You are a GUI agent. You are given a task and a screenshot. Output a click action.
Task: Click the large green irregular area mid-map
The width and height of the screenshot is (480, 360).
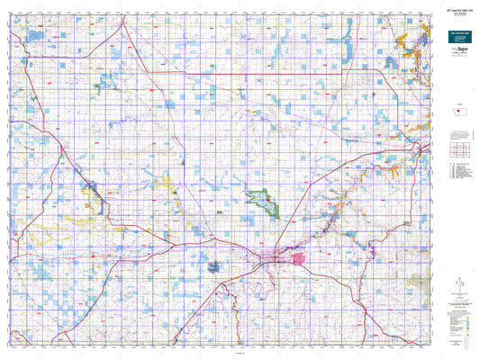click(x=264, y=201)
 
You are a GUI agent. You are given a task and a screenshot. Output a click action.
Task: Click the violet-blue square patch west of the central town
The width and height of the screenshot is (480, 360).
click(x=214, y=265)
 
